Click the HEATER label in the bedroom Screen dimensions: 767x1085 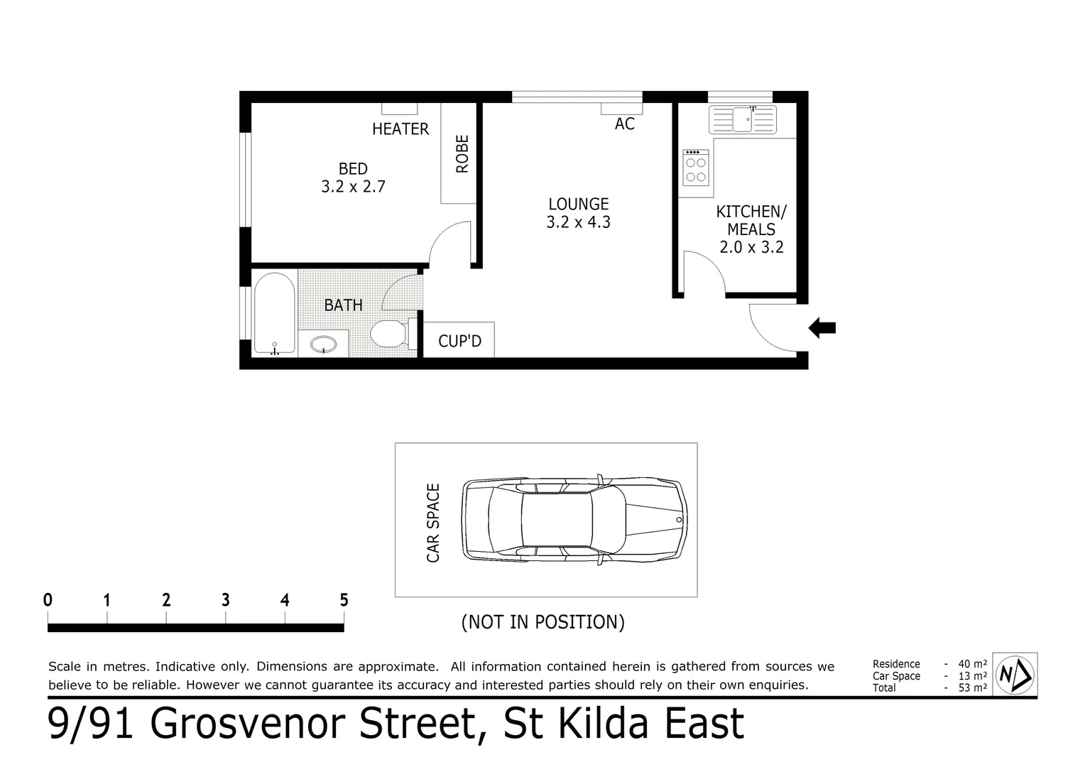[400, 129]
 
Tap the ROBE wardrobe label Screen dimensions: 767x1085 [462, 154]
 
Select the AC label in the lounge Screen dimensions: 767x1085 [624, 124]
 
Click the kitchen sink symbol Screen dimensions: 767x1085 [743, 119]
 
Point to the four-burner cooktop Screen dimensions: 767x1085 [695, 168]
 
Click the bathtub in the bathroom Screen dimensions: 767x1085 [274, 313]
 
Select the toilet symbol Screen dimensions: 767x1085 [389, 333]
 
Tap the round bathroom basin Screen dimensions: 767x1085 [325, 344]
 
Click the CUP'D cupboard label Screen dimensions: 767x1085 [459, 342]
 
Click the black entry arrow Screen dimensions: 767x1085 [822, 328]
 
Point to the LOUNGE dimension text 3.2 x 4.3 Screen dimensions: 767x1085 [578, 222]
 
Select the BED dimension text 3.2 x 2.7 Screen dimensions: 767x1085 [353, 187]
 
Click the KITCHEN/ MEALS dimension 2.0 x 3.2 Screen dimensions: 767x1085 [751, 247]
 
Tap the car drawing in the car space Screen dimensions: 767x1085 [574, 519]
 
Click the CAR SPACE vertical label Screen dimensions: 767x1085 [433, 523]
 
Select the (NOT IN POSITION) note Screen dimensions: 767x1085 [543, 622]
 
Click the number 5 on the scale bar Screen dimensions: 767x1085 [344, 600]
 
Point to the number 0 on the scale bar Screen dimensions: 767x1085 [48, 600]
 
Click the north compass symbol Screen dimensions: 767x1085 [1015, 674]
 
